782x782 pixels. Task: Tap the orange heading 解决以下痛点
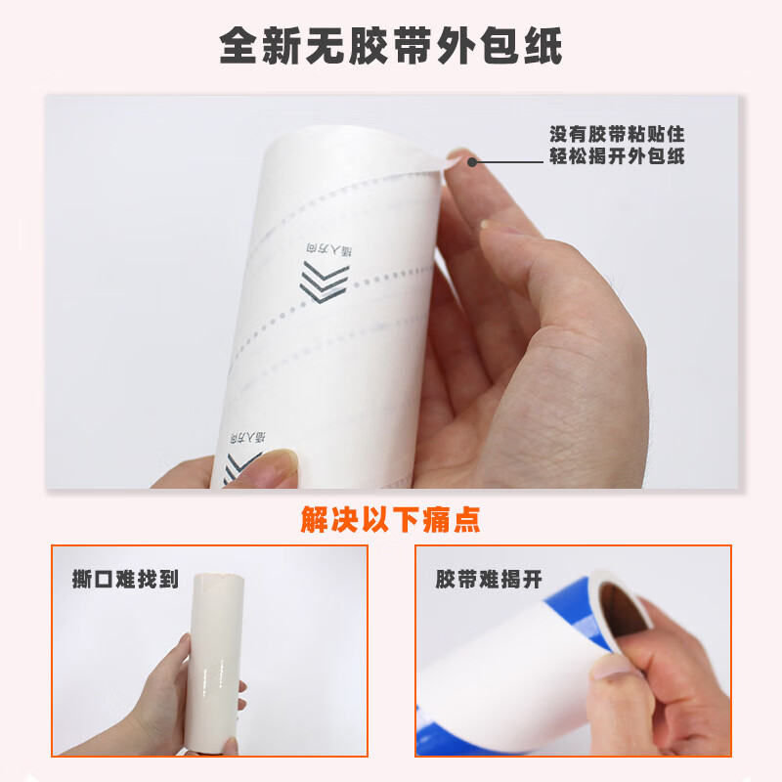390,517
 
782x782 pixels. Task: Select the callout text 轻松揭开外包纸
616,157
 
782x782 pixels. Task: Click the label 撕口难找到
125,579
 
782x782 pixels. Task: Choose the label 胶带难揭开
489,579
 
